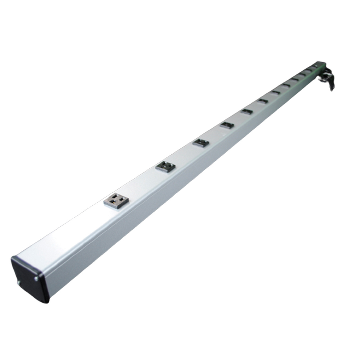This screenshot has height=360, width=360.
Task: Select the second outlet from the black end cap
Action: (166, 166)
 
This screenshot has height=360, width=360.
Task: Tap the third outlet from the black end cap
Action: (201, 143)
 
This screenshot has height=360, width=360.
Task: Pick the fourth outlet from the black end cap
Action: (227, 125)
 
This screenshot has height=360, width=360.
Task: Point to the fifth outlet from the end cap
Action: (247, 112)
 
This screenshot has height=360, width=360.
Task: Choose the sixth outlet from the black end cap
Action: (263, 101)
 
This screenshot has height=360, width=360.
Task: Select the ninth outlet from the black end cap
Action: (295, 80)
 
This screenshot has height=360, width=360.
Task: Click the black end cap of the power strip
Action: (30, 279)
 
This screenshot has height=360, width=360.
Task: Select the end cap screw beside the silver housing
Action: (36, 279)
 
